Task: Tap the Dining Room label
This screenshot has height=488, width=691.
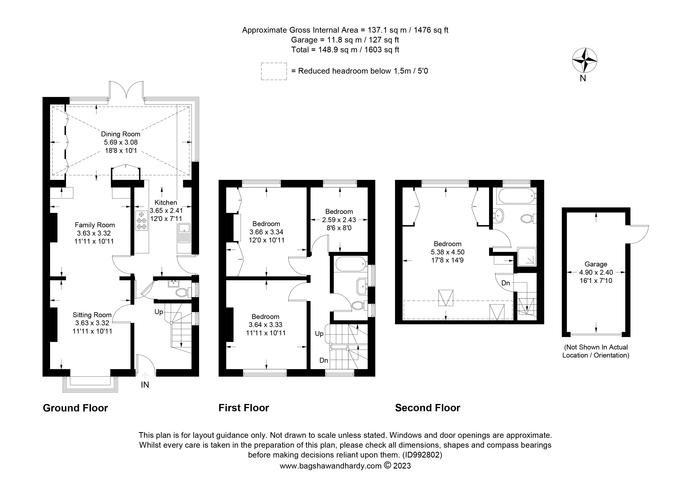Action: point(120,134)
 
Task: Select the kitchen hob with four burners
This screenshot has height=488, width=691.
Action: point(141,221)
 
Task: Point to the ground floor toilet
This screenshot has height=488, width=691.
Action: point(184,292)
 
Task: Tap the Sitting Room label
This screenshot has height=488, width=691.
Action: point(92,315)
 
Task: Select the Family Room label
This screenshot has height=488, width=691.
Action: point(95,225)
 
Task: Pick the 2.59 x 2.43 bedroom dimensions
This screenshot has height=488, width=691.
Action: point(339,220)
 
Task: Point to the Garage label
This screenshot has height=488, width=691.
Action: point(596,264)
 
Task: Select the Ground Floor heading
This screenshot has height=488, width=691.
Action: point(75,408)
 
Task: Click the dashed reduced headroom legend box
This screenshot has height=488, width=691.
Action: point(274,71)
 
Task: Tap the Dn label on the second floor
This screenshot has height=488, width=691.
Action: point(506,283)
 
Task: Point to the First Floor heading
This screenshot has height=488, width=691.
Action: point(244,408)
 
